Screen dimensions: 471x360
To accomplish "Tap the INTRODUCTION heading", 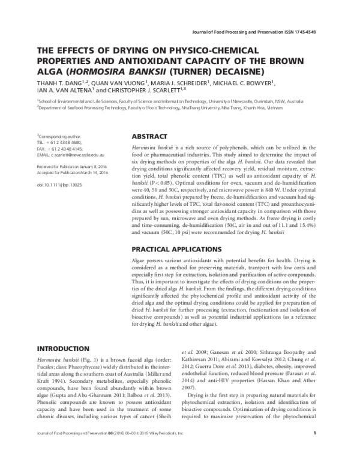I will click(x=64, y=349).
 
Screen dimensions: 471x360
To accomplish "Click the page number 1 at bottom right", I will click(x=323, y=450).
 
